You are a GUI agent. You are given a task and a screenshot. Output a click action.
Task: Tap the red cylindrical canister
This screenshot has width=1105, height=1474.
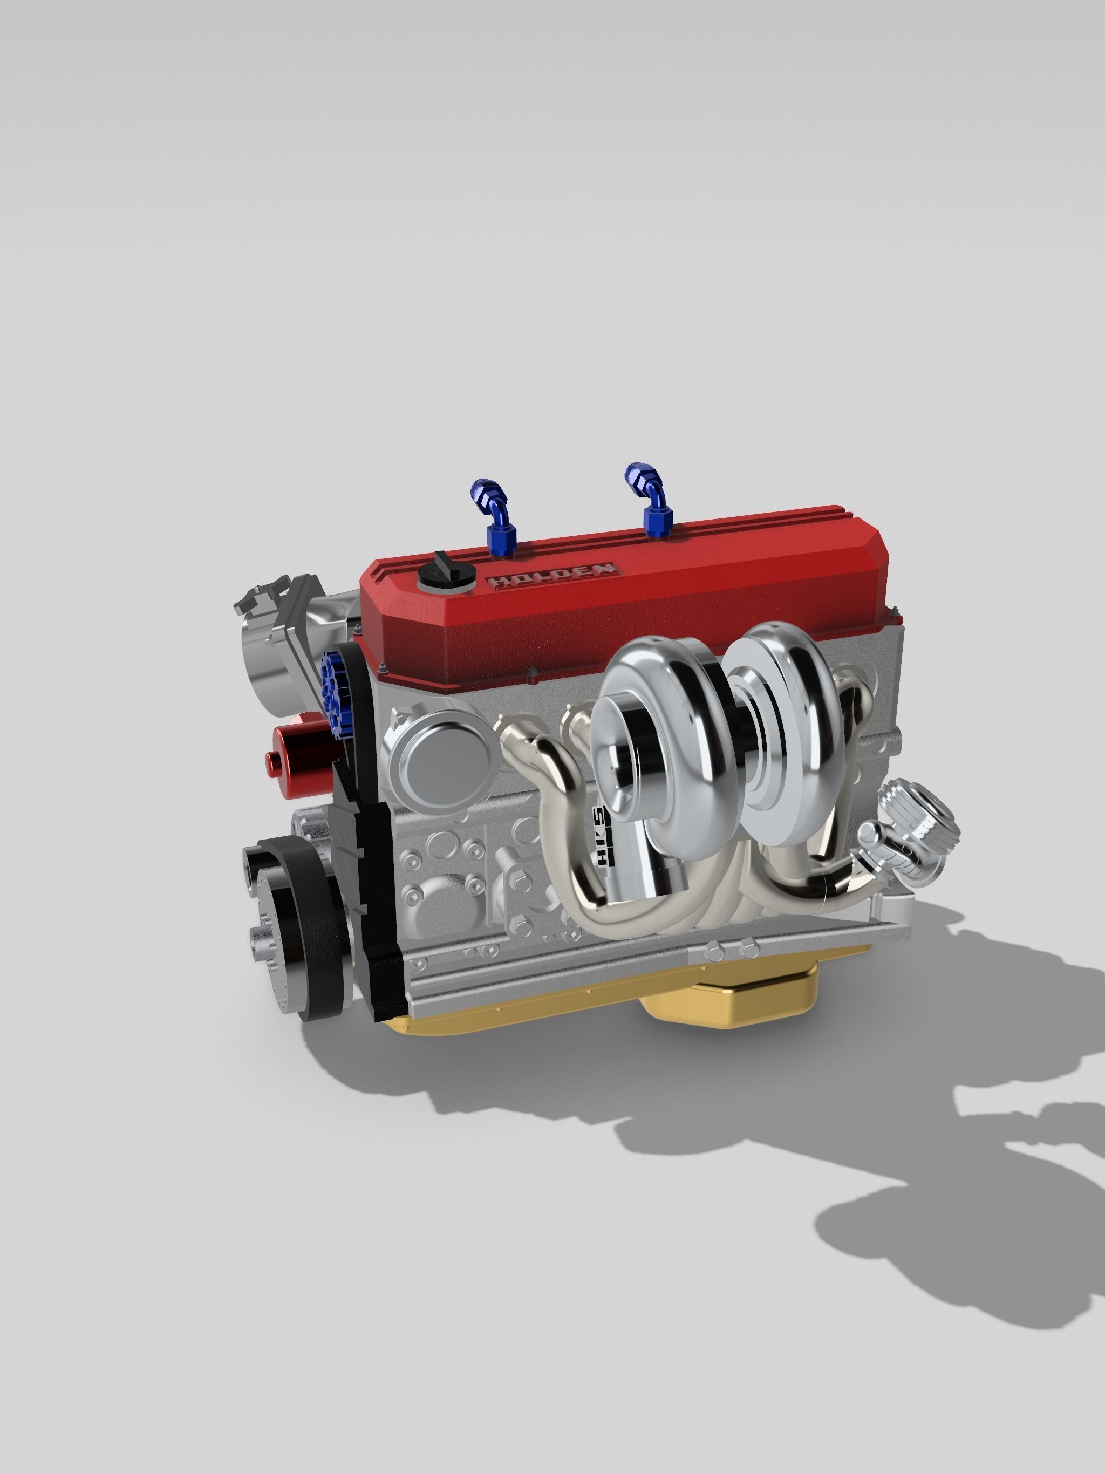point(300,753)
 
